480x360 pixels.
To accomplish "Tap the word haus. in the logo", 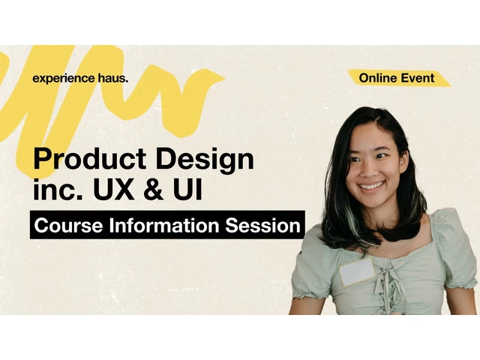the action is [x=113, y=78].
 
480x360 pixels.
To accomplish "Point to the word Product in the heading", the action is [x=90, y=158].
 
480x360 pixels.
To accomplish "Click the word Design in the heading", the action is [x=205, y=160].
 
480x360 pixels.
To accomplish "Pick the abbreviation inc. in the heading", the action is [x=58, y=189].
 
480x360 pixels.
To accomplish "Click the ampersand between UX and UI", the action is [x=153, y=189].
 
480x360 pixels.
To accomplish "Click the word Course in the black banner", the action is [x=68, y=225].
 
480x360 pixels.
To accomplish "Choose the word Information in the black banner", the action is [x=164, y=225].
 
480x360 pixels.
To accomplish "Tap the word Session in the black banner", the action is [x=263, y=225].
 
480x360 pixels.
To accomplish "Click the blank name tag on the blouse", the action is [x=357, y=271].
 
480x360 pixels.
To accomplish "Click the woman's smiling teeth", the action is [x=371, y=185].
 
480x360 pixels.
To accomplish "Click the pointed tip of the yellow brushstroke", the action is [x=225, y=78].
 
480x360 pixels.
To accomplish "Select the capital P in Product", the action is [x=43, y=158].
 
